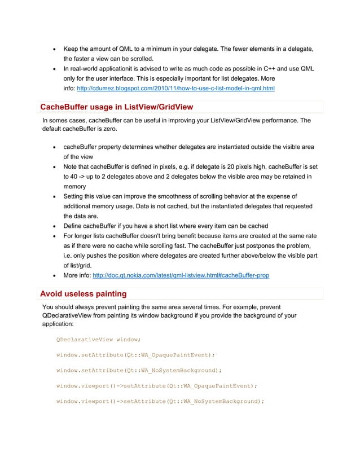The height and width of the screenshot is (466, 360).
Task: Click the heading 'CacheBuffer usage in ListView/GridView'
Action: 117,107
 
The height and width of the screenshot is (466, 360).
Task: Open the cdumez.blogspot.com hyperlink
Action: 175,89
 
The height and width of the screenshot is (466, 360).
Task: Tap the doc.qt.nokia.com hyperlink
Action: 181,275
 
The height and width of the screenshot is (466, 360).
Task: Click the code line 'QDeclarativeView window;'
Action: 98,340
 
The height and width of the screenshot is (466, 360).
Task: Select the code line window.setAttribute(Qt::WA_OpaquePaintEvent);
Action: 135,355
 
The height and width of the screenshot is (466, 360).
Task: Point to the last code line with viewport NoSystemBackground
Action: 160,401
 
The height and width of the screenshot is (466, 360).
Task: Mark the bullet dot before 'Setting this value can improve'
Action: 53,197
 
